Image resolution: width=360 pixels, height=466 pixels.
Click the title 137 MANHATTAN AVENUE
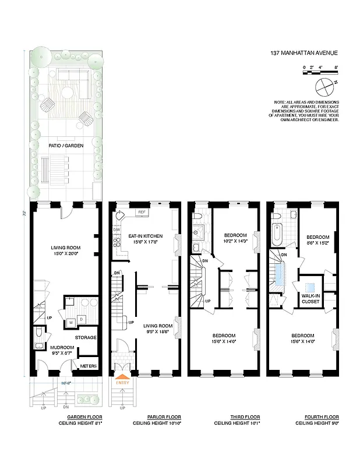(303, 52)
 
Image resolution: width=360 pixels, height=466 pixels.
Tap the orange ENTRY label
(123, 383)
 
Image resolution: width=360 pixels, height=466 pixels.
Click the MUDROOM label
(62, 347)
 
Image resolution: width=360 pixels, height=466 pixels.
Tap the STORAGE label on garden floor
(86, 338)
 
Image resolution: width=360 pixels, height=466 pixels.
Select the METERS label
(88, 366)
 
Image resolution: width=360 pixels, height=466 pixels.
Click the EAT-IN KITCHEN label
(146, 235)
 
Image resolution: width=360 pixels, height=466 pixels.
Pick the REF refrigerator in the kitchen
(142, 212)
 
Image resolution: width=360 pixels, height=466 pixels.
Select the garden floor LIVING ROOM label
(65, 248)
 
